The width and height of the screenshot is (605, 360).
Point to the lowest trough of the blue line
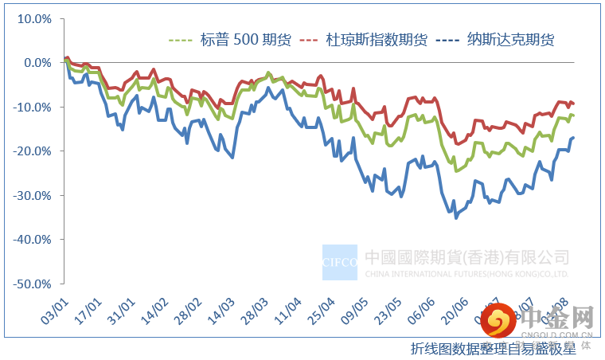coord(456,217)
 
